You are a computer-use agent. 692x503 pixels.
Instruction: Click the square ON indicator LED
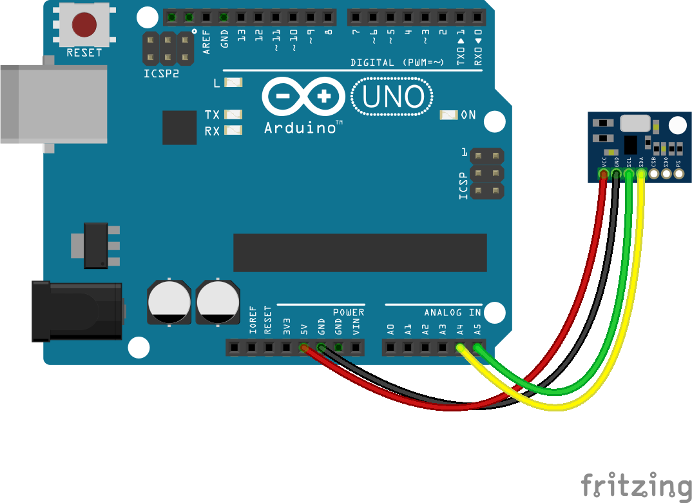[448, 115]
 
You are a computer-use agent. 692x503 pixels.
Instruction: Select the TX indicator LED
[233, 115]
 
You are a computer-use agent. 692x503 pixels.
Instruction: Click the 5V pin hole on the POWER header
[303, 348]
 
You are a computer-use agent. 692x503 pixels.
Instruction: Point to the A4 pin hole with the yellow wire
[460, 348]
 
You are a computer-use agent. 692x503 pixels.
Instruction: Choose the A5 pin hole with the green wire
[477, 348]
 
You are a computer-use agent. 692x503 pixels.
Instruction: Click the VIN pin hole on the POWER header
[356, 348]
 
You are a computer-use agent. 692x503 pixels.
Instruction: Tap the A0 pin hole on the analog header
[390, 348]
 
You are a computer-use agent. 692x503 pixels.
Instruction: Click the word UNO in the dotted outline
[393, 97]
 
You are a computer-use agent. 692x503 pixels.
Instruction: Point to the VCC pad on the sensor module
[604, 173]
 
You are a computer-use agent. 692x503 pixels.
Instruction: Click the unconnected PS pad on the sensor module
[678, 173]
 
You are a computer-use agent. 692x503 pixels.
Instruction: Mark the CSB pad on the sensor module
[654, 173]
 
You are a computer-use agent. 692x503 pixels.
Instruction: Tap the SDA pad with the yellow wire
[641, 173]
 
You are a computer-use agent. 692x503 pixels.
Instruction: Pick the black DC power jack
[77, 311]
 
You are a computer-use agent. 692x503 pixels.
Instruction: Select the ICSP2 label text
[161, 74]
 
